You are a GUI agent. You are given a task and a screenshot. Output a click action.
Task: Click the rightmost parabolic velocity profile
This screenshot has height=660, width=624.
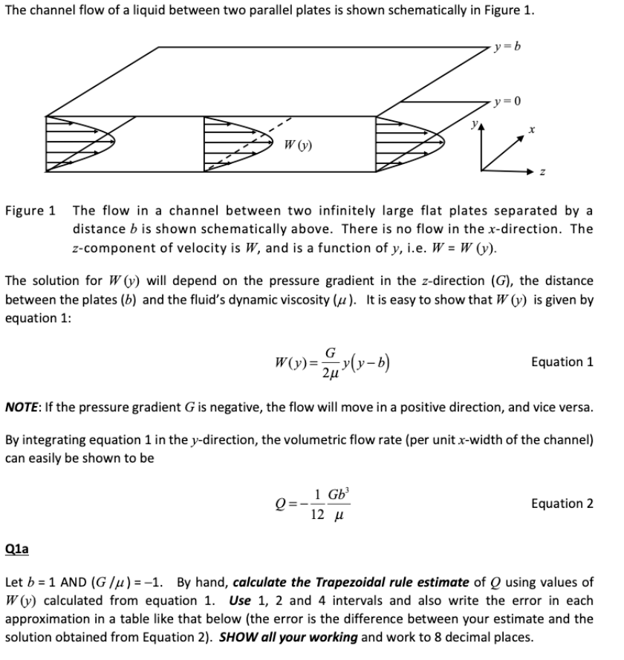pos(407,139)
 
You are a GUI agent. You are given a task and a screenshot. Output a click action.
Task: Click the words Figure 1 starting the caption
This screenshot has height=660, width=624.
pos(30,209)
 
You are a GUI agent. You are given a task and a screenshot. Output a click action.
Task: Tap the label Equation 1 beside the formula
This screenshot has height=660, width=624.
pos(562,362)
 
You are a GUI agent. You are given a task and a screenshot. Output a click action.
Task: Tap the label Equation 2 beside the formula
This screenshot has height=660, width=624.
pos(562,503)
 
